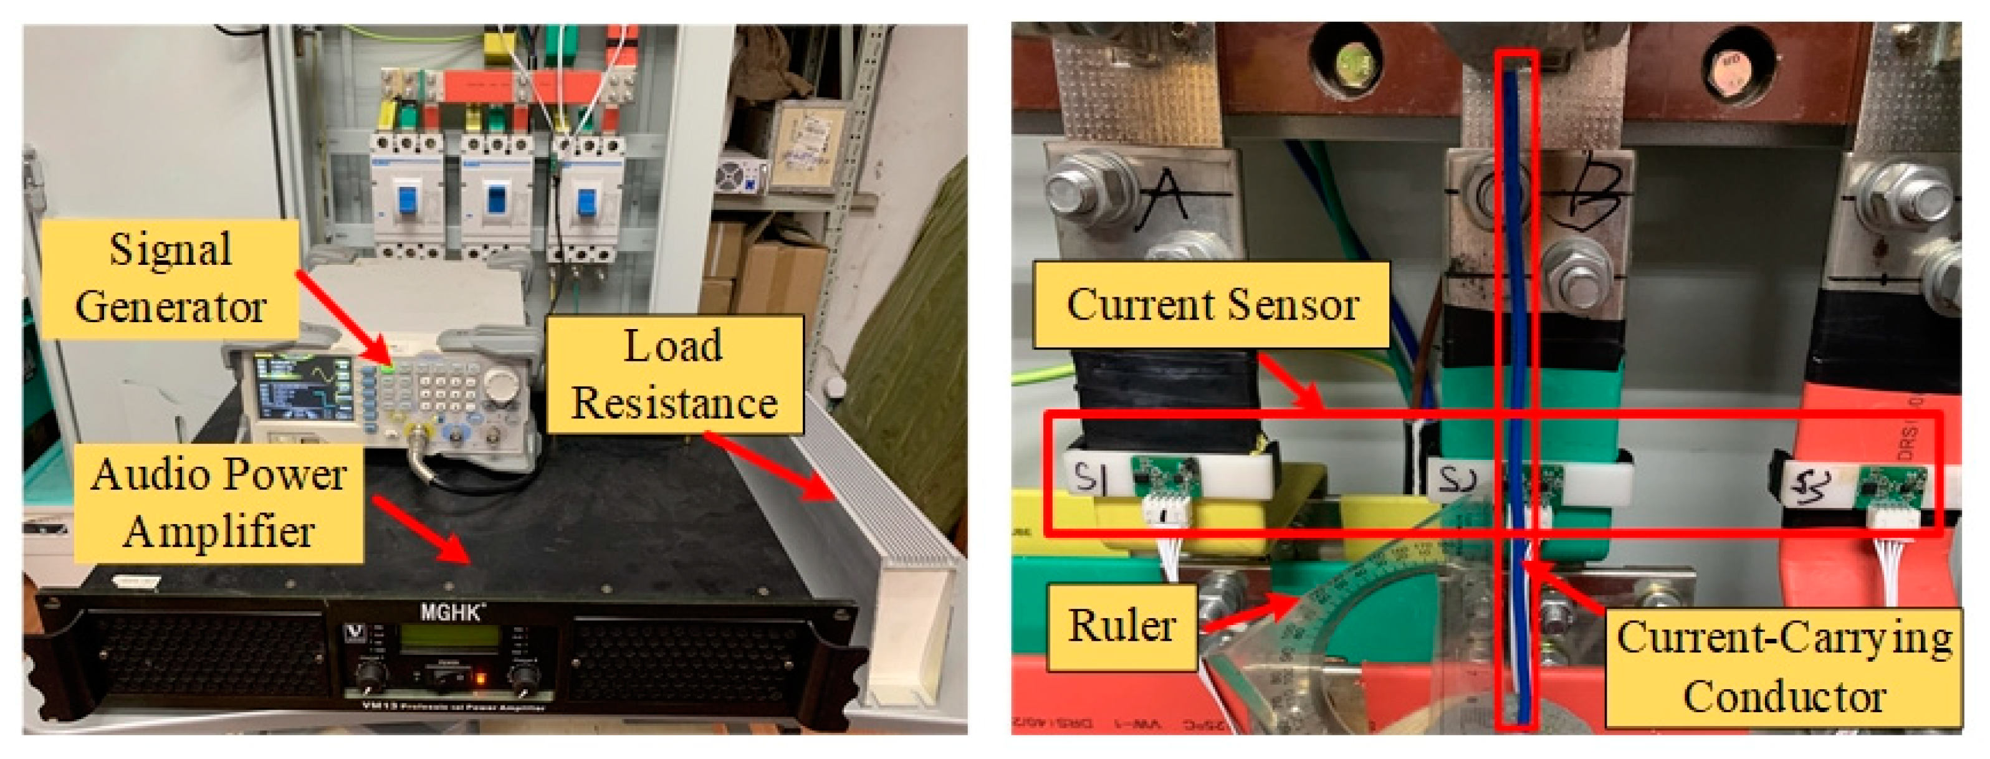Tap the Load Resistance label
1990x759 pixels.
tap(674, 375)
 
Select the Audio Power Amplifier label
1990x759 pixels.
tap(219, 504)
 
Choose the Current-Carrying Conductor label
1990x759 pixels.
tap(1784, 667)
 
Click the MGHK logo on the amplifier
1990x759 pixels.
tap(452, 613)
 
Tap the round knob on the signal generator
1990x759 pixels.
tap(503, 383)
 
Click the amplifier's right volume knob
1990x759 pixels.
tap(525, 678)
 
